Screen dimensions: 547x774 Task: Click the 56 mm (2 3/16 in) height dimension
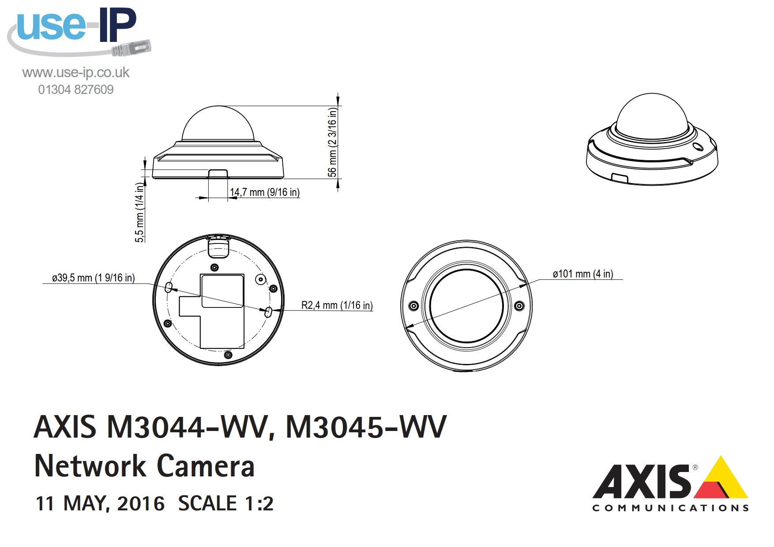(x=332, y=142)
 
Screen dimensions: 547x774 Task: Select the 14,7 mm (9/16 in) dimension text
(x=264, y=192)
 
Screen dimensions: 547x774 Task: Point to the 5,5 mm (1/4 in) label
(x=139, y=213)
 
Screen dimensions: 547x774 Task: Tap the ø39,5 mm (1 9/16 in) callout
(x=93, y=278)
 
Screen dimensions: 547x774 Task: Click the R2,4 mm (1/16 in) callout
(x=337, y=305)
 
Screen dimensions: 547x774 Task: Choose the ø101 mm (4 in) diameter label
(x=582, y=274)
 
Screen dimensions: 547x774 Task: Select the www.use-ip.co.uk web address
(x=76, y=72)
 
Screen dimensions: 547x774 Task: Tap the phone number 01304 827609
(x=76, y=90)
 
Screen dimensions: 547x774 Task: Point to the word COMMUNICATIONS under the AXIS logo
(x=670, y=508)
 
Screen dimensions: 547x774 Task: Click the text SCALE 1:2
(x=225, y=503)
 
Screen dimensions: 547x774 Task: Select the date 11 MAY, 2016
(x=100, y=503)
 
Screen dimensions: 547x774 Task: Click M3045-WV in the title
(x=366, y=427)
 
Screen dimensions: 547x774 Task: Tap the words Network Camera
(x=144, y=466)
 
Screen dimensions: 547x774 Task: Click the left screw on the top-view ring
(x=413, y=306)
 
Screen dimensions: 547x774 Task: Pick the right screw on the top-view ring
(x=520, y=306)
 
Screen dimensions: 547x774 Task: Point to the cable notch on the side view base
(x=218, y=173)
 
